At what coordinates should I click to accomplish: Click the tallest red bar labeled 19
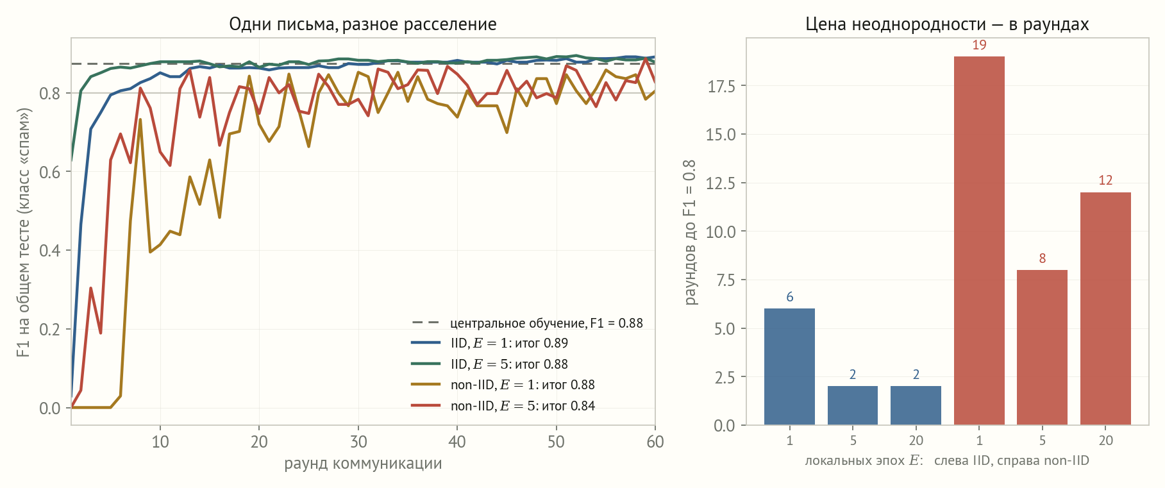pyautogui.click(x=979, y=240)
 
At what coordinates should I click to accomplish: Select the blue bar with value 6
pyautogui.click(x=789, y=367)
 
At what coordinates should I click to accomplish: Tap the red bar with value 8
pyautogui.click(x=1042, y=348)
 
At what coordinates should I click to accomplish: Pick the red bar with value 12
pyautogui.click(x=1105, y=308)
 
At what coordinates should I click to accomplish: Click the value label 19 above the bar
pyautogui.click(x=979, y=45)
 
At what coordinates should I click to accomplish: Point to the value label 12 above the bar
pyautogui.click(x=1105, y=180)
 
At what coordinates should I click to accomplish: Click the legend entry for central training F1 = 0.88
pyautogui.click(x=527, y=323)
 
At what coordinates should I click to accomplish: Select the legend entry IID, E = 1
pyautogui.click(x=490, y=344)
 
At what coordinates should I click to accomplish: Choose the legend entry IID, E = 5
pyautogui.click(x=490, y=364)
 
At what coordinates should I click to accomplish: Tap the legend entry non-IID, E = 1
pyautogui.click(x=503, y=385)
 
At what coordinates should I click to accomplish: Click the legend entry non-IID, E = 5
pyautogui.click(x=503, y=406)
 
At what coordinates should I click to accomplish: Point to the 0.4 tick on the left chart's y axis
pyautogui.click(x=50, y=251)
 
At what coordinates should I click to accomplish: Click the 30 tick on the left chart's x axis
pyautogui.click(x=358, y=442)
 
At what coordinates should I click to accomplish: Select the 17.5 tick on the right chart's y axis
pyautogui.click(x=722, y=86)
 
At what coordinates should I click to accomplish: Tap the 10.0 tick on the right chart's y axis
pyautogui.click(x=722, y=231)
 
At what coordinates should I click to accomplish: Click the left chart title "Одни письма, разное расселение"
pyautogui.click(x=363, y=24)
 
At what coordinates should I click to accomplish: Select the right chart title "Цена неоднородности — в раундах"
pyautogui.click(x=947, y=24)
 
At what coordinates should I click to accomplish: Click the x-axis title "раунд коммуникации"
pyautogui.click(x=363, y=464)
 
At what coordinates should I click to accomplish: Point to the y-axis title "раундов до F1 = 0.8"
pyautogui.click(x=690, y=232)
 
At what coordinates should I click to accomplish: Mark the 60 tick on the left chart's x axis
pyautogui.click(x=655, y=442)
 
